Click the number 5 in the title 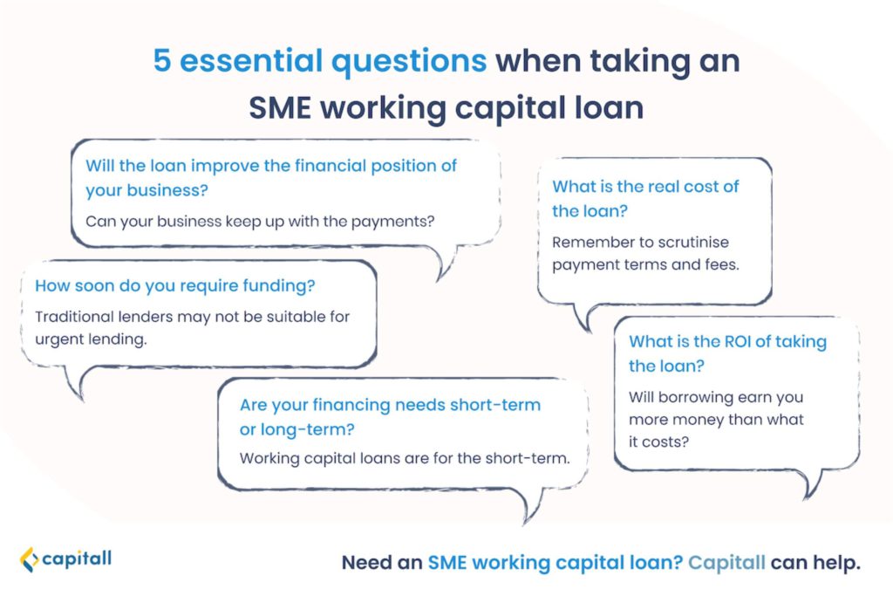coord(162,60)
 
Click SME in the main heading coord(280,107)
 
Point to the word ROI coord(737,341)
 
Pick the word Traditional coord(76,316)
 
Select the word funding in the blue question coord(276,285)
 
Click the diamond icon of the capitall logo coord(29,559)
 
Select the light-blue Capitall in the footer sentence coord(726,562)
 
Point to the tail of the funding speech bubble coord(77,383)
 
